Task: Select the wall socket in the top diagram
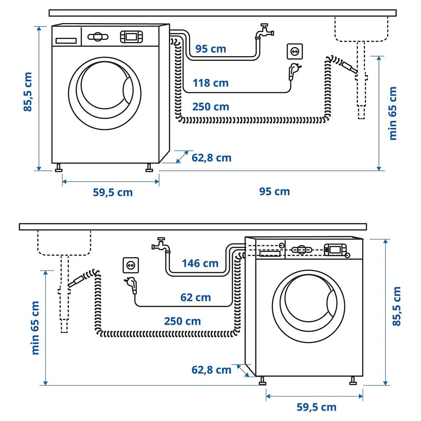tap(295, 51)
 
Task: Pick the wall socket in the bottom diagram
tap(130, 265)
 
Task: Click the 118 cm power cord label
tap(210, 83)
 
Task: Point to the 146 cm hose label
tap(200, 264)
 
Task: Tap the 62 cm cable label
tap(195, 297)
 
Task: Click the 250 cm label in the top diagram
tap(210, 107)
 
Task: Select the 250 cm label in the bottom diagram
tap(182, 321)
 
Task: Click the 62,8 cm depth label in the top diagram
tap(211, 158)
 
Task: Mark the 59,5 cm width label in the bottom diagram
tap(316, 407)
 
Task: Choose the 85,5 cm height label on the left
tap(28, 92)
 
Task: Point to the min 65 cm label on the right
tap(393, 113)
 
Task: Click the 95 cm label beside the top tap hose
tap(210, 49)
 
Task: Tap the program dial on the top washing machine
tap(97, 37)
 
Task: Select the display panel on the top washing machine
tap(131, 37)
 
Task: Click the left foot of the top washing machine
tap(59, 168)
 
